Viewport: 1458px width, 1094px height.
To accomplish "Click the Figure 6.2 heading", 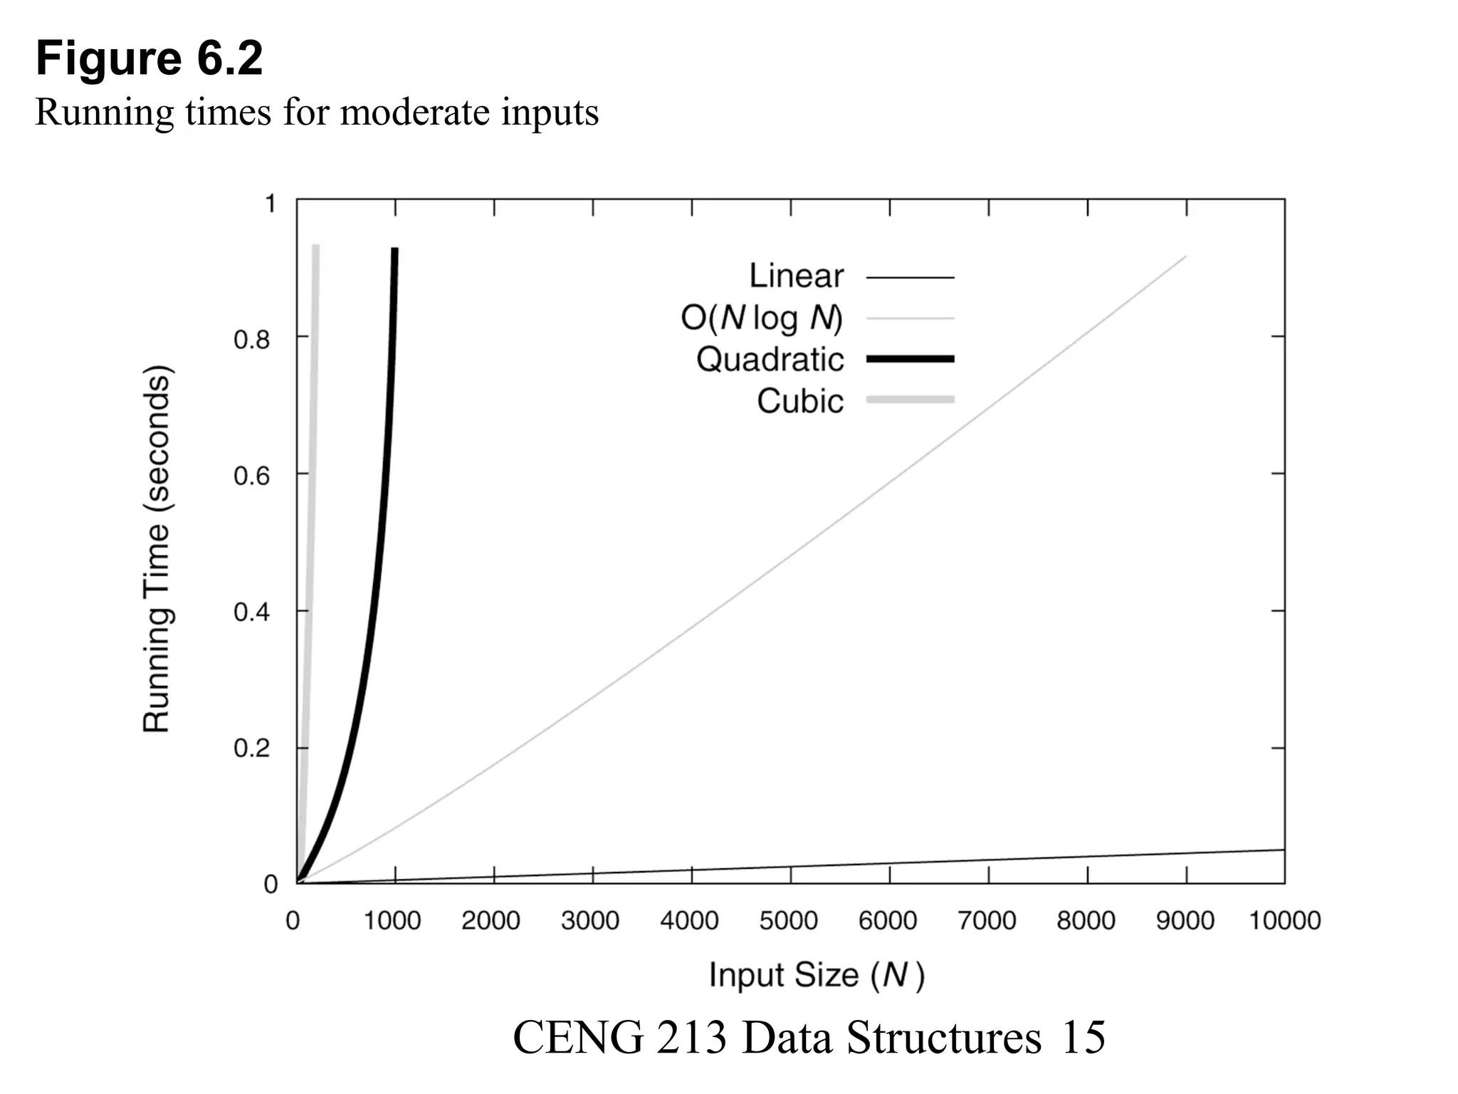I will click(x=150, y=58).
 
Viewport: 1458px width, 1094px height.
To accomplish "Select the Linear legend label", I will click(x=796, y=276).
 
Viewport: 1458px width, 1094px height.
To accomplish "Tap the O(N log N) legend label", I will click(x=762, y=318).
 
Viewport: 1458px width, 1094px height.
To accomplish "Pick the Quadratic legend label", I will click(x=770, y=359).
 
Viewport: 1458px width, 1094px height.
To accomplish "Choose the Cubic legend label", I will click(x=800, y=401).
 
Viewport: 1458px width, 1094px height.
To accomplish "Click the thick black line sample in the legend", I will click(x=910, y=359).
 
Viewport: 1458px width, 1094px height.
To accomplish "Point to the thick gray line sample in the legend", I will click(x=910, y=400).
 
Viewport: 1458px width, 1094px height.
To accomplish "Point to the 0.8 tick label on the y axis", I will click(x=252, y=340).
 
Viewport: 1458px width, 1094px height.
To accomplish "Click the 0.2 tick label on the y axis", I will click(x=252, y=749).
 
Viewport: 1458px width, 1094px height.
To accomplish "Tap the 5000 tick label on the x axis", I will click(x=788, y=921).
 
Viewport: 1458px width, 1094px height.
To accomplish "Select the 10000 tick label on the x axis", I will click(x=1284, y=921).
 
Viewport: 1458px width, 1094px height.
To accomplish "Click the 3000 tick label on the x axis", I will click(x=589, y=921).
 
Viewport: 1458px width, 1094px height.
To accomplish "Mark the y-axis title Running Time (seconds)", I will click(x=157, y=548).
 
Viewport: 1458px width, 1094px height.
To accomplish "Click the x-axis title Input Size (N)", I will click(x=817, y=975).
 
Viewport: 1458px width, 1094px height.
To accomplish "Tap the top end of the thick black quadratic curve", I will click(x=394, y=251).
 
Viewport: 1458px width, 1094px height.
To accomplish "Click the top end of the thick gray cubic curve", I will click(x=315, y=248).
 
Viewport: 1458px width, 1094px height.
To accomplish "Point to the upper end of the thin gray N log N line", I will click(x=1185, y=257).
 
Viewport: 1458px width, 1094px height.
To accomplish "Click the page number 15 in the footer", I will click(x=1083, y=1037).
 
